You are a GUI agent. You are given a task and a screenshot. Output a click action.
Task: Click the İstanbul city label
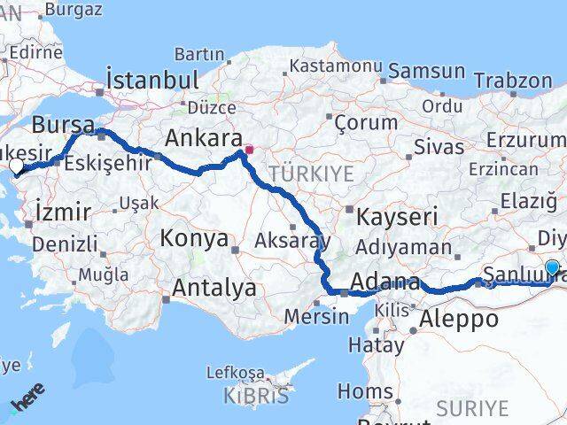coord(151,79)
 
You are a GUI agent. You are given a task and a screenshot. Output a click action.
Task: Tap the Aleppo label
coord(458,319)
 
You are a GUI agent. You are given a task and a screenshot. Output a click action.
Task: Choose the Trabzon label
coord(512,81)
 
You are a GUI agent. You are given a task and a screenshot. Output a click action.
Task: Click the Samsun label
coord(426,71)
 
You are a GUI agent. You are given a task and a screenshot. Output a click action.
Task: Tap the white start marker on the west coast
coord(16,165)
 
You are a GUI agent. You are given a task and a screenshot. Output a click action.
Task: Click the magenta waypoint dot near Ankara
coord(249,150)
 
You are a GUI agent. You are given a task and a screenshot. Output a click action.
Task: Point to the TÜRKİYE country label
coord(312,173)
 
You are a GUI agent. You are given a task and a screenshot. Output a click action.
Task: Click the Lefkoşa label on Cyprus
coord(235,373)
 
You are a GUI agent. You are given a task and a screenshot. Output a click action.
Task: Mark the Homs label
coord(365,391)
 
